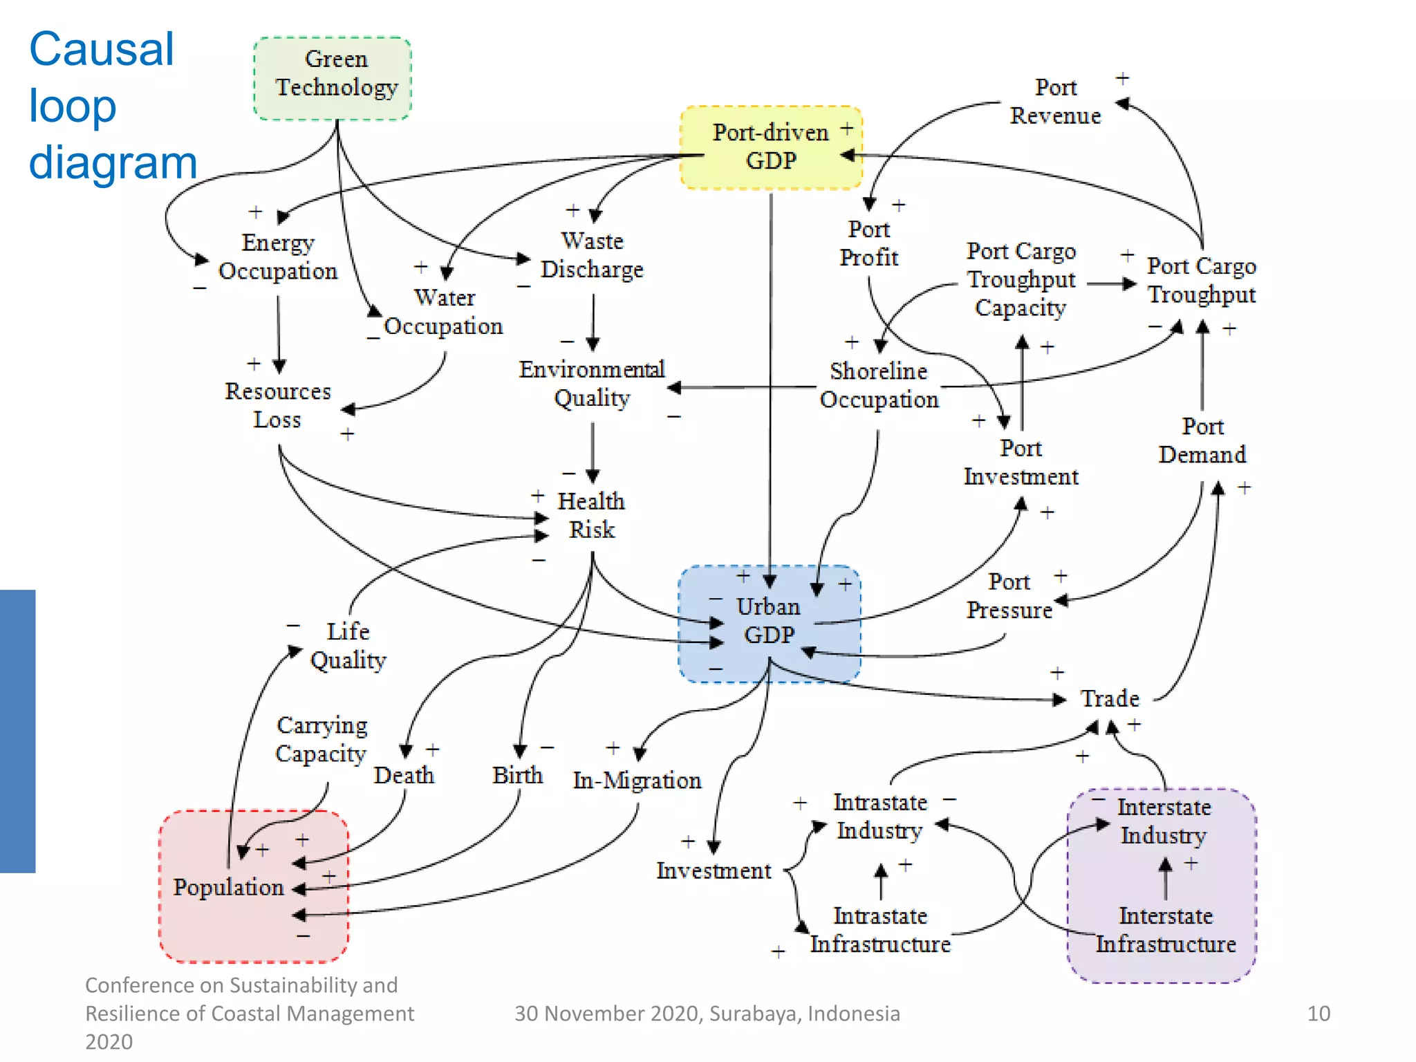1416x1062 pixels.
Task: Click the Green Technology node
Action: coord(336,74)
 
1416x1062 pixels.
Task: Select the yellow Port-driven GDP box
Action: coord(771,147)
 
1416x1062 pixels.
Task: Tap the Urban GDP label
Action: coord(769,620)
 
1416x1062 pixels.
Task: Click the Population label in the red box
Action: coord(228,887)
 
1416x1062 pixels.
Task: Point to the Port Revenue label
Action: coord(1055,102)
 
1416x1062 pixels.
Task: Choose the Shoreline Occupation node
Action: coord(879,385)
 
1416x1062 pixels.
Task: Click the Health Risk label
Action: coord(591,515)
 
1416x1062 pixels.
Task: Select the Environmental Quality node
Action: coord(592,383)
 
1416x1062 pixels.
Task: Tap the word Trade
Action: coord(1110,698)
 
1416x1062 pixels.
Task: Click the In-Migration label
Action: coord(637,781)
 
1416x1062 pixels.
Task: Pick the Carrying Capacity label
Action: coord(322,739)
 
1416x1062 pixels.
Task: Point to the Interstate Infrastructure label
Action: coord(1166,930)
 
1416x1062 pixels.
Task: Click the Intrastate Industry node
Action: coord(879,816)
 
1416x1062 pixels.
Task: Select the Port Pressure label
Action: coord(1009,596)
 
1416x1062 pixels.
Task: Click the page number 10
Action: coord(1319,1014)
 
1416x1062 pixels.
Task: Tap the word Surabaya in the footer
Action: coord(754,1014)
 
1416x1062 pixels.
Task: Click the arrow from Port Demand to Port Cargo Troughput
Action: coord(1202,366)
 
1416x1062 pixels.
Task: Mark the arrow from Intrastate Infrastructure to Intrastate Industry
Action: coord(881,882)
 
